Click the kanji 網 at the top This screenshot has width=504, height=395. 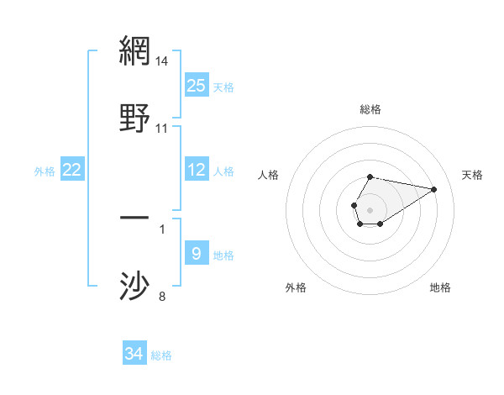pyautogui.click(x=135, y=52)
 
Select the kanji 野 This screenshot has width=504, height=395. pyautogui.click(x=135, y=118)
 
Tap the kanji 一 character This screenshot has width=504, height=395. pyautogui.click(x=135, y=219)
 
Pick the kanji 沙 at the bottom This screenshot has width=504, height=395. pyautogui.click(x=135, y=286)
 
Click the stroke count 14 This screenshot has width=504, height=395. pyautogui.click(x=162, y=61)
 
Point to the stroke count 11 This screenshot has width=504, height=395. pyautogui.click(x=162, y=129)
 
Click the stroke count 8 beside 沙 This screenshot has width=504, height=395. pyautogui.click(x=162, y=296)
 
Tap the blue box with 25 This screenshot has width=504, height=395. pyautogui.click(x=197, y=86)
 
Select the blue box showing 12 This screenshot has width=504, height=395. pyautogui.click(x=197, y=170)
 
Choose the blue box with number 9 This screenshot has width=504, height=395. pyautogui.click(x=197, y=254)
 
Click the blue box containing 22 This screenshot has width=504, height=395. pyautogui.click(x=72, y=170)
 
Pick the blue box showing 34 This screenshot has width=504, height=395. pyautogui.click(x=134, y=354)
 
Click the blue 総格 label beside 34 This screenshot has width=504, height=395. pyautogui.click(x=161, y=355)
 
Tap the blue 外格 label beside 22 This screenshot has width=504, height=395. pyautogui.click(x=45, y=171)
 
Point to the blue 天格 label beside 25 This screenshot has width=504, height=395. pyautogui.click(x=223, y=87)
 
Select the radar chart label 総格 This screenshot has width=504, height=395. pyautogui.click(x=370, y=109)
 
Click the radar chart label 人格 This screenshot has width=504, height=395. pyautogui.click(x=268, y=175)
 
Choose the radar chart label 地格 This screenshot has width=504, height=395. pyautogui.click(x=440, y=287)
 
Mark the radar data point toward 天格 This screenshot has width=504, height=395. pyautogui.click(x=434, y=188)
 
